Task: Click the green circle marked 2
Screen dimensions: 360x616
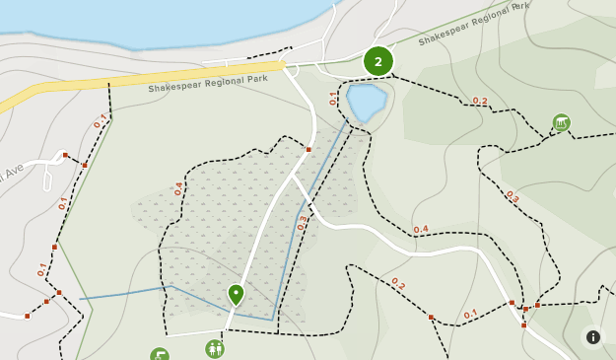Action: pos(378,61)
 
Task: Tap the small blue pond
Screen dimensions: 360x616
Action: pos(365,102)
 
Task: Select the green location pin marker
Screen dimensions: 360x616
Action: pos(236,294)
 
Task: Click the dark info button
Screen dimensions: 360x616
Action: pos(593,337)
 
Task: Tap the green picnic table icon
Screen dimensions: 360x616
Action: pos(562,122)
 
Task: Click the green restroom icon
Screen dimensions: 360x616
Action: pos(214,348)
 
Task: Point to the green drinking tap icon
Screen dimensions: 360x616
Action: pos(160,354)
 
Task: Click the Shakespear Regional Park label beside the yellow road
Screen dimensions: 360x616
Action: pos(208,84)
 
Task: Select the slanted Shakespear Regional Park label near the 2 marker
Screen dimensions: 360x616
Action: pos(474,24)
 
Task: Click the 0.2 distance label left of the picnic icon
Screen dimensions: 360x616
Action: pos(480,101)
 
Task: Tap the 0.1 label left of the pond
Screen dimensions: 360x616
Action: pos(333,98)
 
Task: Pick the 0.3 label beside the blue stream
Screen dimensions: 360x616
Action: pos(303,223)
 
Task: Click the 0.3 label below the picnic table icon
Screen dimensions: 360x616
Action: pos(512,196)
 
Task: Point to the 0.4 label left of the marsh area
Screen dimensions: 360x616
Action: pos(178,188)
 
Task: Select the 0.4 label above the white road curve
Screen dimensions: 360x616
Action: pos(421,230)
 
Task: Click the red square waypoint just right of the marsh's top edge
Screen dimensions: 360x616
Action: pos(308,150)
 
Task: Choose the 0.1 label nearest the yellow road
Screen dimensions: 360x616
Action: pos(100,121)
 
